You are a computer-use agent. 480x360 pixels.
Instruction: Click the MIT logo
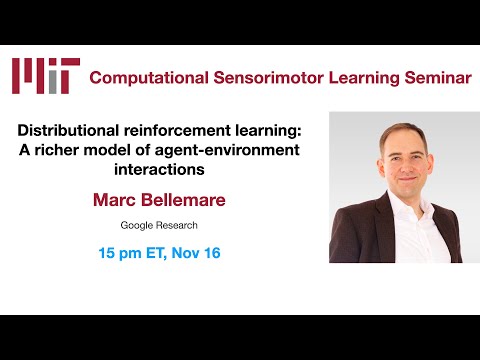point(45,76)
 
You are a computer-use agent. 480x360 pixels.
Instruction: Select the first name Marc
point(117,200)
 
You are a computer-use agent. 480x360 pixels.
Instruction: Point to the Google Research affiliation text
point(160,227)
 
